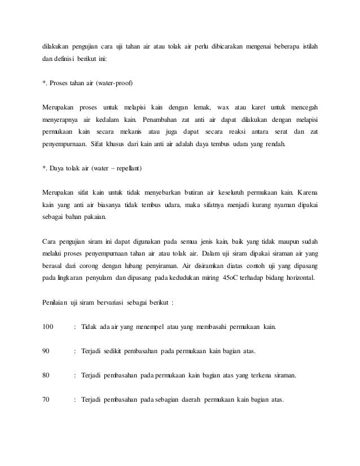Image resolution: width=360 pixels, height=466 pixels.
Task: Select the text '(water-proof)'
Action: [x=115, y=83]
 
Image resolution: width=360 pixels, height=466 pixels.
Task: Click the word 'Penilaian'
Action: [x=55, y=302]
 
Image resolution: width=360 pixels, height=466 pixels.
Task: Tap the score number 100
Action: [x=49, y=327]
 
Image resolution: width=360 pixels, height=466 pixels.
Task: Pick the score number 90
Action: [x=47, y=351]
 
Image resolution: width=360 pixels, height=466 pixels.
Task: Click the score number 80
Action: [x=47, y=375]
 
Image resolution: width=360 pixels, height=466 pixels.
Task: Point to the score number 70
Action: [x=47, y=400]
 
